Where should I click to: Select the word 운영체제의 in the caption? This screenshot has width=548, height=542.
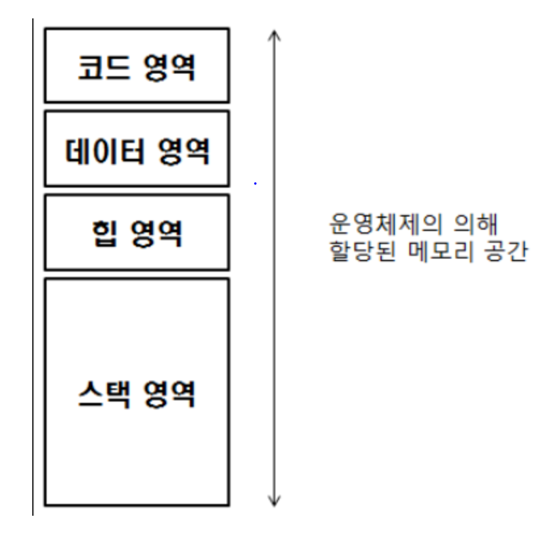tap(378, 224)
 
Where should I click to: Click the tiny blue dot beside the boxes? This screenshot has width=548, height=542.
tap(255, 184)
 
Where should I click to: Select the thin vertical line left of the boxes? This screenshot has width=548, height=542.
tap(33, 262)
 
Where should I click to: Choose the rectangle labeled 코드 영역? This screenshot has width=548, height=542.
tap(137, 39)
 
